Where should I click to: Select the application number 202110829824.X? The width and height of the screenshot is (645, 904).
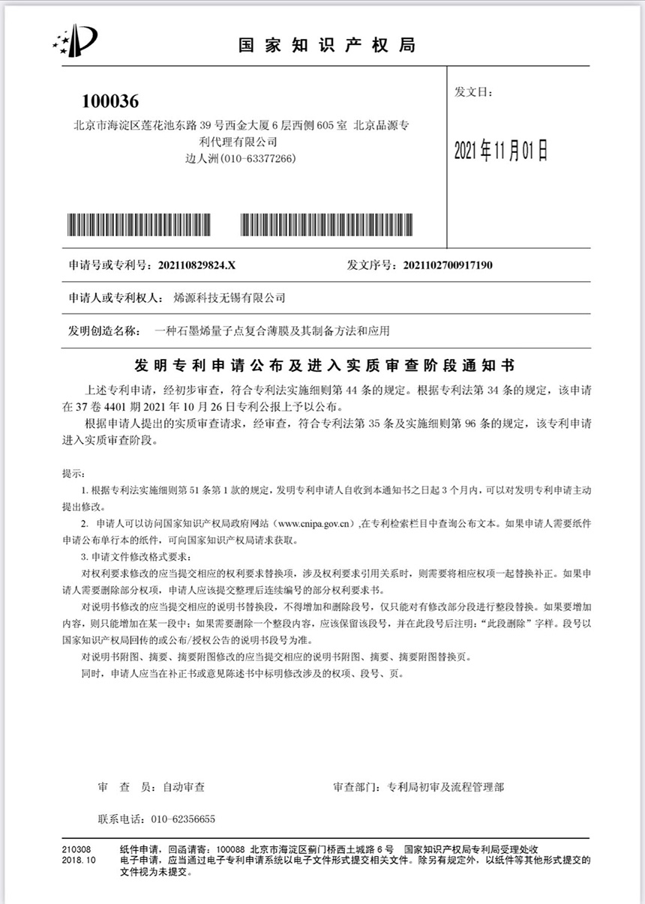coord(194,265)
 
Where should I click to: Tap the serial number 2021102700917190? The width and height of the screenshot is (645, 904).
coord(448,265)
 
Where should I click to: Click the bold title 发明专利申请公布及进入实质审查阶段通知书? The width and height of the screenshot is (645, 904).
coord(324,365)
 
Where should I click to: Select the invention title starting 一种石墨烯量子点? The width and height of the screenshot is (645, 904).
coord(271,330)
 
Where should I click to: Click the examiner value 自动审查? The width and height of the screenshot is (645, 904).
coord(184,788)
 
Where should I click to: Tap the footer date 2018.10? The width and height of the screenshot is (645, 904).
coord(79,861)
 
